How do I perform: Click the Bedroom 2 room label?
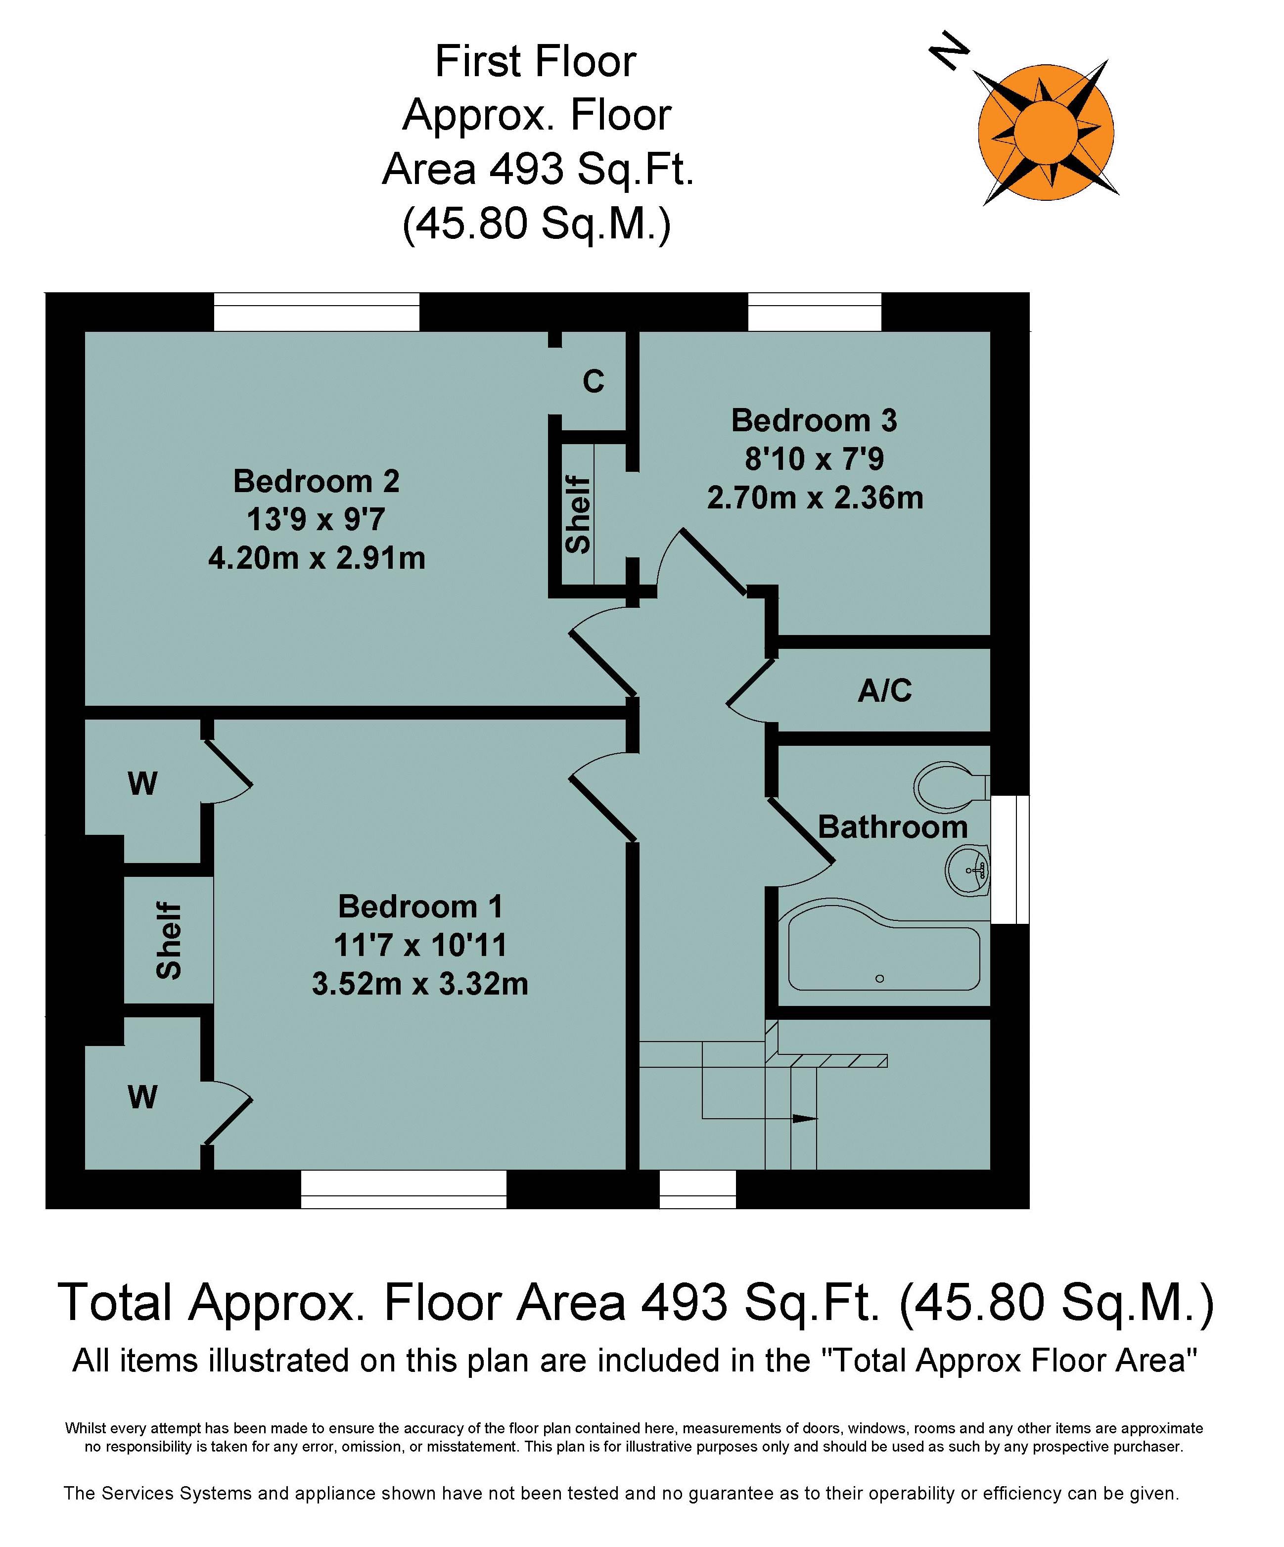coord(316,481)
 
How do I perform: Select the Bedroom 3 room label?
coord(814,421)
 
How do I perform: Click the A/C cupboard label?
coord(885,690)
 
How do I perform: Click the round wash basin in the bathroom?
coord(966,870)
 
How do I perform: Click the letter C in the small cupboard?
coord(593,381)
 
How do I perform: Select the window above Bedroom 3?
coord(814,311)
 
